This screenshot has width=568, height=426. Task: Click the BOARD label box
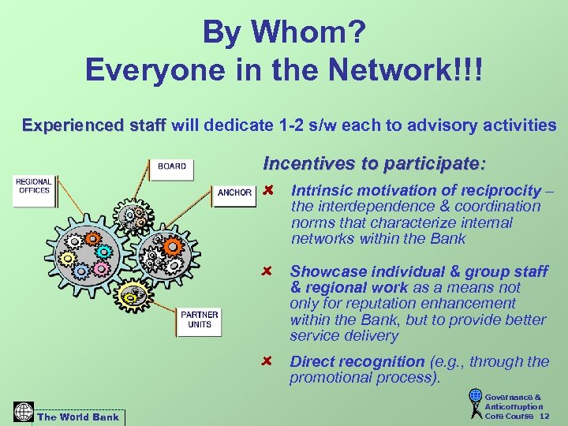coord(172,166)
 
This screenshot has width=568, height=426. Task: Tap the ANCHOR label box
coord(234,192)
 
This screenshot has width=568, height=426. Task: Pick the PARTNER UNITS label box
coord(200,319)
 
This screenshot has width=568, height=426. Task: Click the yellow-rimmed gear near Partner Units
coord(135,295)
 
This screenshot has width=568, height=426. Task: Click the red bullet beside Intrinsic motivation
coord(268,191)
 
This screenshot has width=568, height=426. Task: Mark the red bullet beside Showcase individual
coord(268,272)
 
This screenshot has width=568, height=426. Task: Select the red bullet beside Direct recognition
coord(268,362)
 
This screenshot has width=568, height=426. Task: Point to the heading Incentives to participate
coord(375,164)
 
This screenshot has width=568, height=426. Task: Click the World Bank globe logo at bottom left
coord(24,412)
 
